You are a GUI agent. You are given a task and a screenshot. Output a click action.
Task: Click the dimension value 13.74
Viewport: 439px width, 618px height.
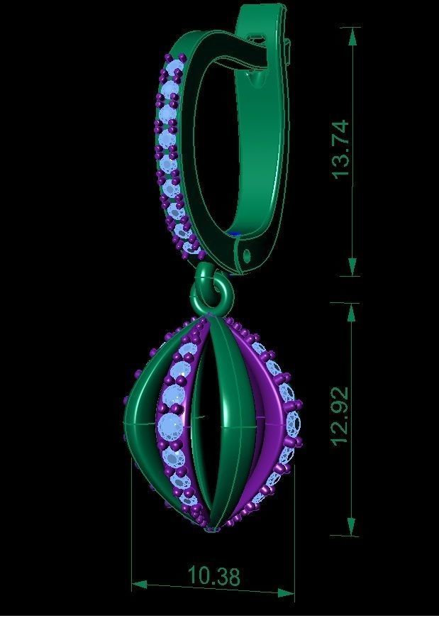pyautogui.click(x=340, y=150)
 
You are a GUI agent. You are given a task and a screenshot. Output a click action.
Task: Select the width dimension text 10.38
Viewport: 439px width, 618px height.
pyautogui.click(x=213, y=577)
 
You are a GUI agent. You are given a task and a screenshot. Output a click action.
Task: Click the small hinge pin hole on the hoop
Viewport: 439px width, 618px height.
pyautogui.click(x=248, y=254)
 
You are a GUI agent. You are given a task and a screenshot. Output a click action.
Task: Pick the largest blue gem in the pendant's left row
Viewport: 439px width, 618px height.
pyautogui.click(x=171, y=426)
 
